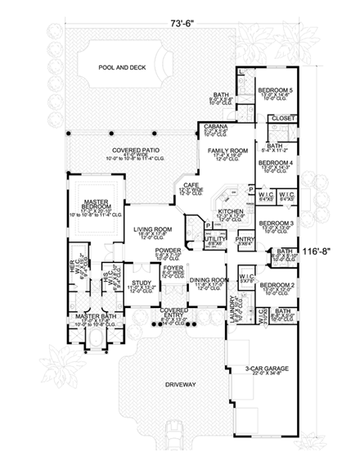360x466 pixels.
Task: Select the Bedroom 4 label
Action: (275, 163)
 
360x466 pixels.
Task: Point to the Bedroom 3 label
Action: (276, 223)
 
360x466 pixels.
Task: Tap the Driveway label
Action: (177, 384)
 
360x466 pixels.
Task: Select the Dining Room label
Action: (208, 280)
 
